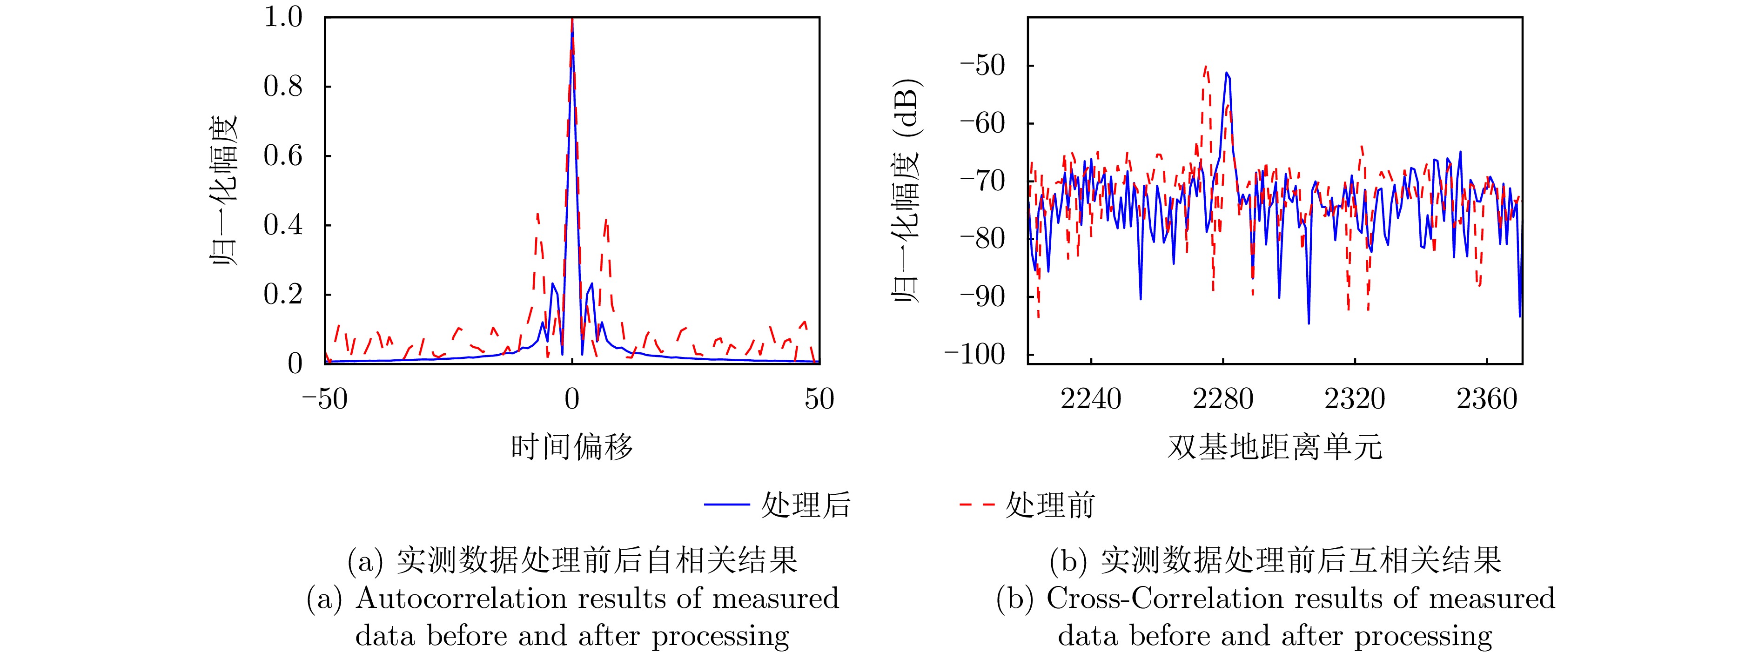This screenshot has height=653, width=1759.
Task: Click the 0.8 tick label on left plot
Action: click(283, 87)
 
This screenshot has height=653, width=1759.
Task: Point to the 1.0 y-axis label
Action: click(283, 17)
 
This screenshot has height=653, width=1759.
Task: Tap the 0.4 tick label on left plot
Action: click(283, 225)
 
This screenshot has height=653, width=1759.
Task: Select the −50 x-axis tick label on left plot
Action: click(325, 399)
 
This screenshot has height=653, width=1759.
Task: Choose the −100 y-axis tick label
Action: click(974, 355)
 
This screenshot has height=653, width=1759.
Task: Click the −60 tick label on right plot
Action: click(983, 124)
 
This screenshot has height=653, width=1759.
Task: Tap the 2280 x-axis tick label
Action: click(1222, 399)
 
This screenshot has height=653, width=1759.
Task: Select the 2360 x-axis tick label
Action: click(1487, 399)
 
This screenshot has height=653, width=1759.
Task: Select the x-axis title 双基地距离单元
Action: click(1274, 447)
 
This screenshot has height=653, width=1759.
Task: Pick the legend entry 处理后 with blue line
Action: click(779, 505)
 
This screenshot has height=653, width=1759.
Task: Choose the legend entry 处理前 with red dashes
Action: click(1027, 505)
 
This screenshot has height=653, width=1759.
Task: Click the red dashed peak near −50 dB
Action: click(1206, 67)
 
